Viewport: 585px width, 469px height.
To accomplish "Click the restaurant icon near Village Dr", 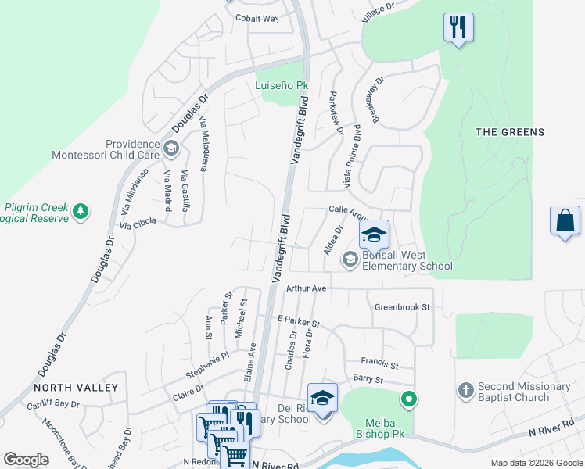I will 458,28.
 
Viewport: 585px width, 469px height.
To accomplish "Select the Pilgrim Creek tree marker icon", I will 80,211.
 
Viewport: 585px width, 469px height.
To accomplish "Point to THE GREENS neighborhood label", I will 510,132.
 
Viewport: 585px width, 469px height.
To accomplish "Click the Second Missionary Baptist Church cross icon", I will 465,390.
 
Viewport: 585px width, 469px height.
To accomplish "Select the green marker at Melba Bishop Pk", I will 408,401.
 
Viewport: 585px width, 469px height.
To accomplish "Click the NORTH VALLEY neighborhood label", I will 76,387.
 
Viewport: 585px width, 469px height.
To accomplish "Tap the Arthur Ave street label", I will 306,288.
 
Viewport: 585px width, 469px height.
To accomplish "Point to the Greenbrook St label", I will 402,307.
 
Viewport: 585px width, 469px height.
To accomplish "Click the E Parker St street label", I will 299,322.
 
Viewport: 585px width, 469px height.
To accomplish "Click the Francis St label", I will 380,363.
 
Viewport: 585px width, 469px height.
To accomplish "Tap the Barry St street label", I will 368,380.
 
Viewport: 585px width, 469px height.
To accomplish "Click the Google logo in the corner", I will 26,460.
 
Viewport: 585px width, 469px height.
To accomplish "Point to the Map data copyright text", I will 537,463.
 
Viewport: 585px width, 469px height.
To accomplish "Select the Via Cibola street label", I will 138,223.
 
